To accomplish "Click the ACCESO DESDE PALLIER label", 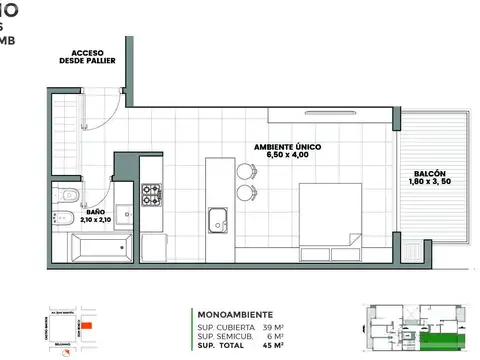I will [88, 56].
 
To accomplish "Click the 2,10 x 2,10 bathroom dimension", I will [96, 220].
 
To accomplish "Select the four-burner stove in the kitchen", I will [151, 194].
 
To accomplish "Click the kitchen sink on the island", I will [217, 219].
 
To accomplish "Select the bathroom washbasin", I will [124, 213].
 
